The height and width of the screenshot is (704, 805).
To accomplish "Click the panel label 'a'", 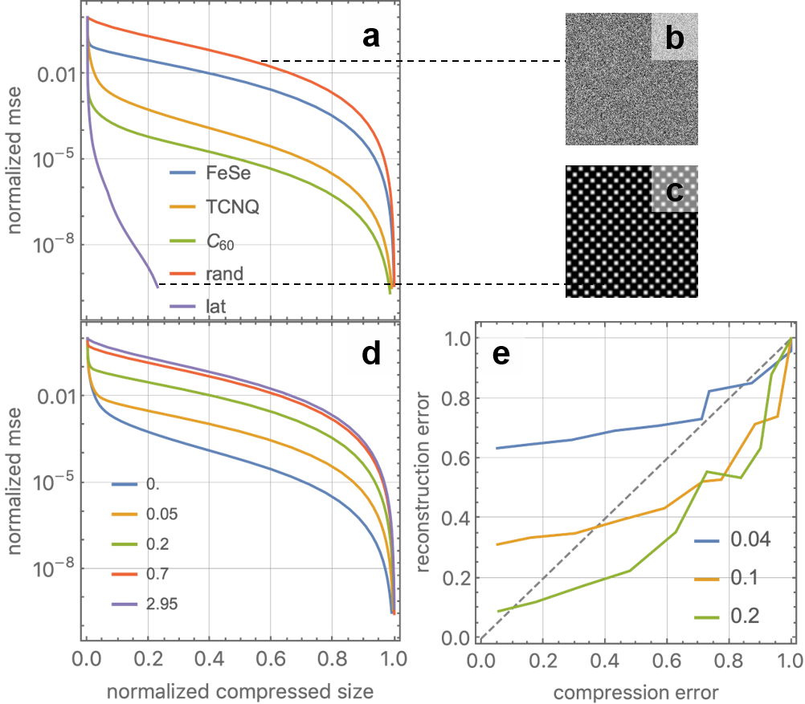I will point(370,38).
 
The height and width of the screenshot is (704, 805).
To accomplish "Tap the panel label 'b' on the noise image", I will point(674,38).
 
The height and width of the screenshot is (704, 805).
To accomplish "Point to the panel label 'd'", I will point(370,354).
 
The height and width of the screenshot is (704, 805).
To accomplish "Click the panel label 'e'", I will point(501,354).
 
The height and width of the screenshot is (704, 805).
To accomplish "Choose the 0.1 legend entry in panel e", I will point(742,577).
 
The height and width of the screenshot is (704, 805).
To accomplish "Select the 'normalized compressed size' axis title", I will point(239,690).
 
